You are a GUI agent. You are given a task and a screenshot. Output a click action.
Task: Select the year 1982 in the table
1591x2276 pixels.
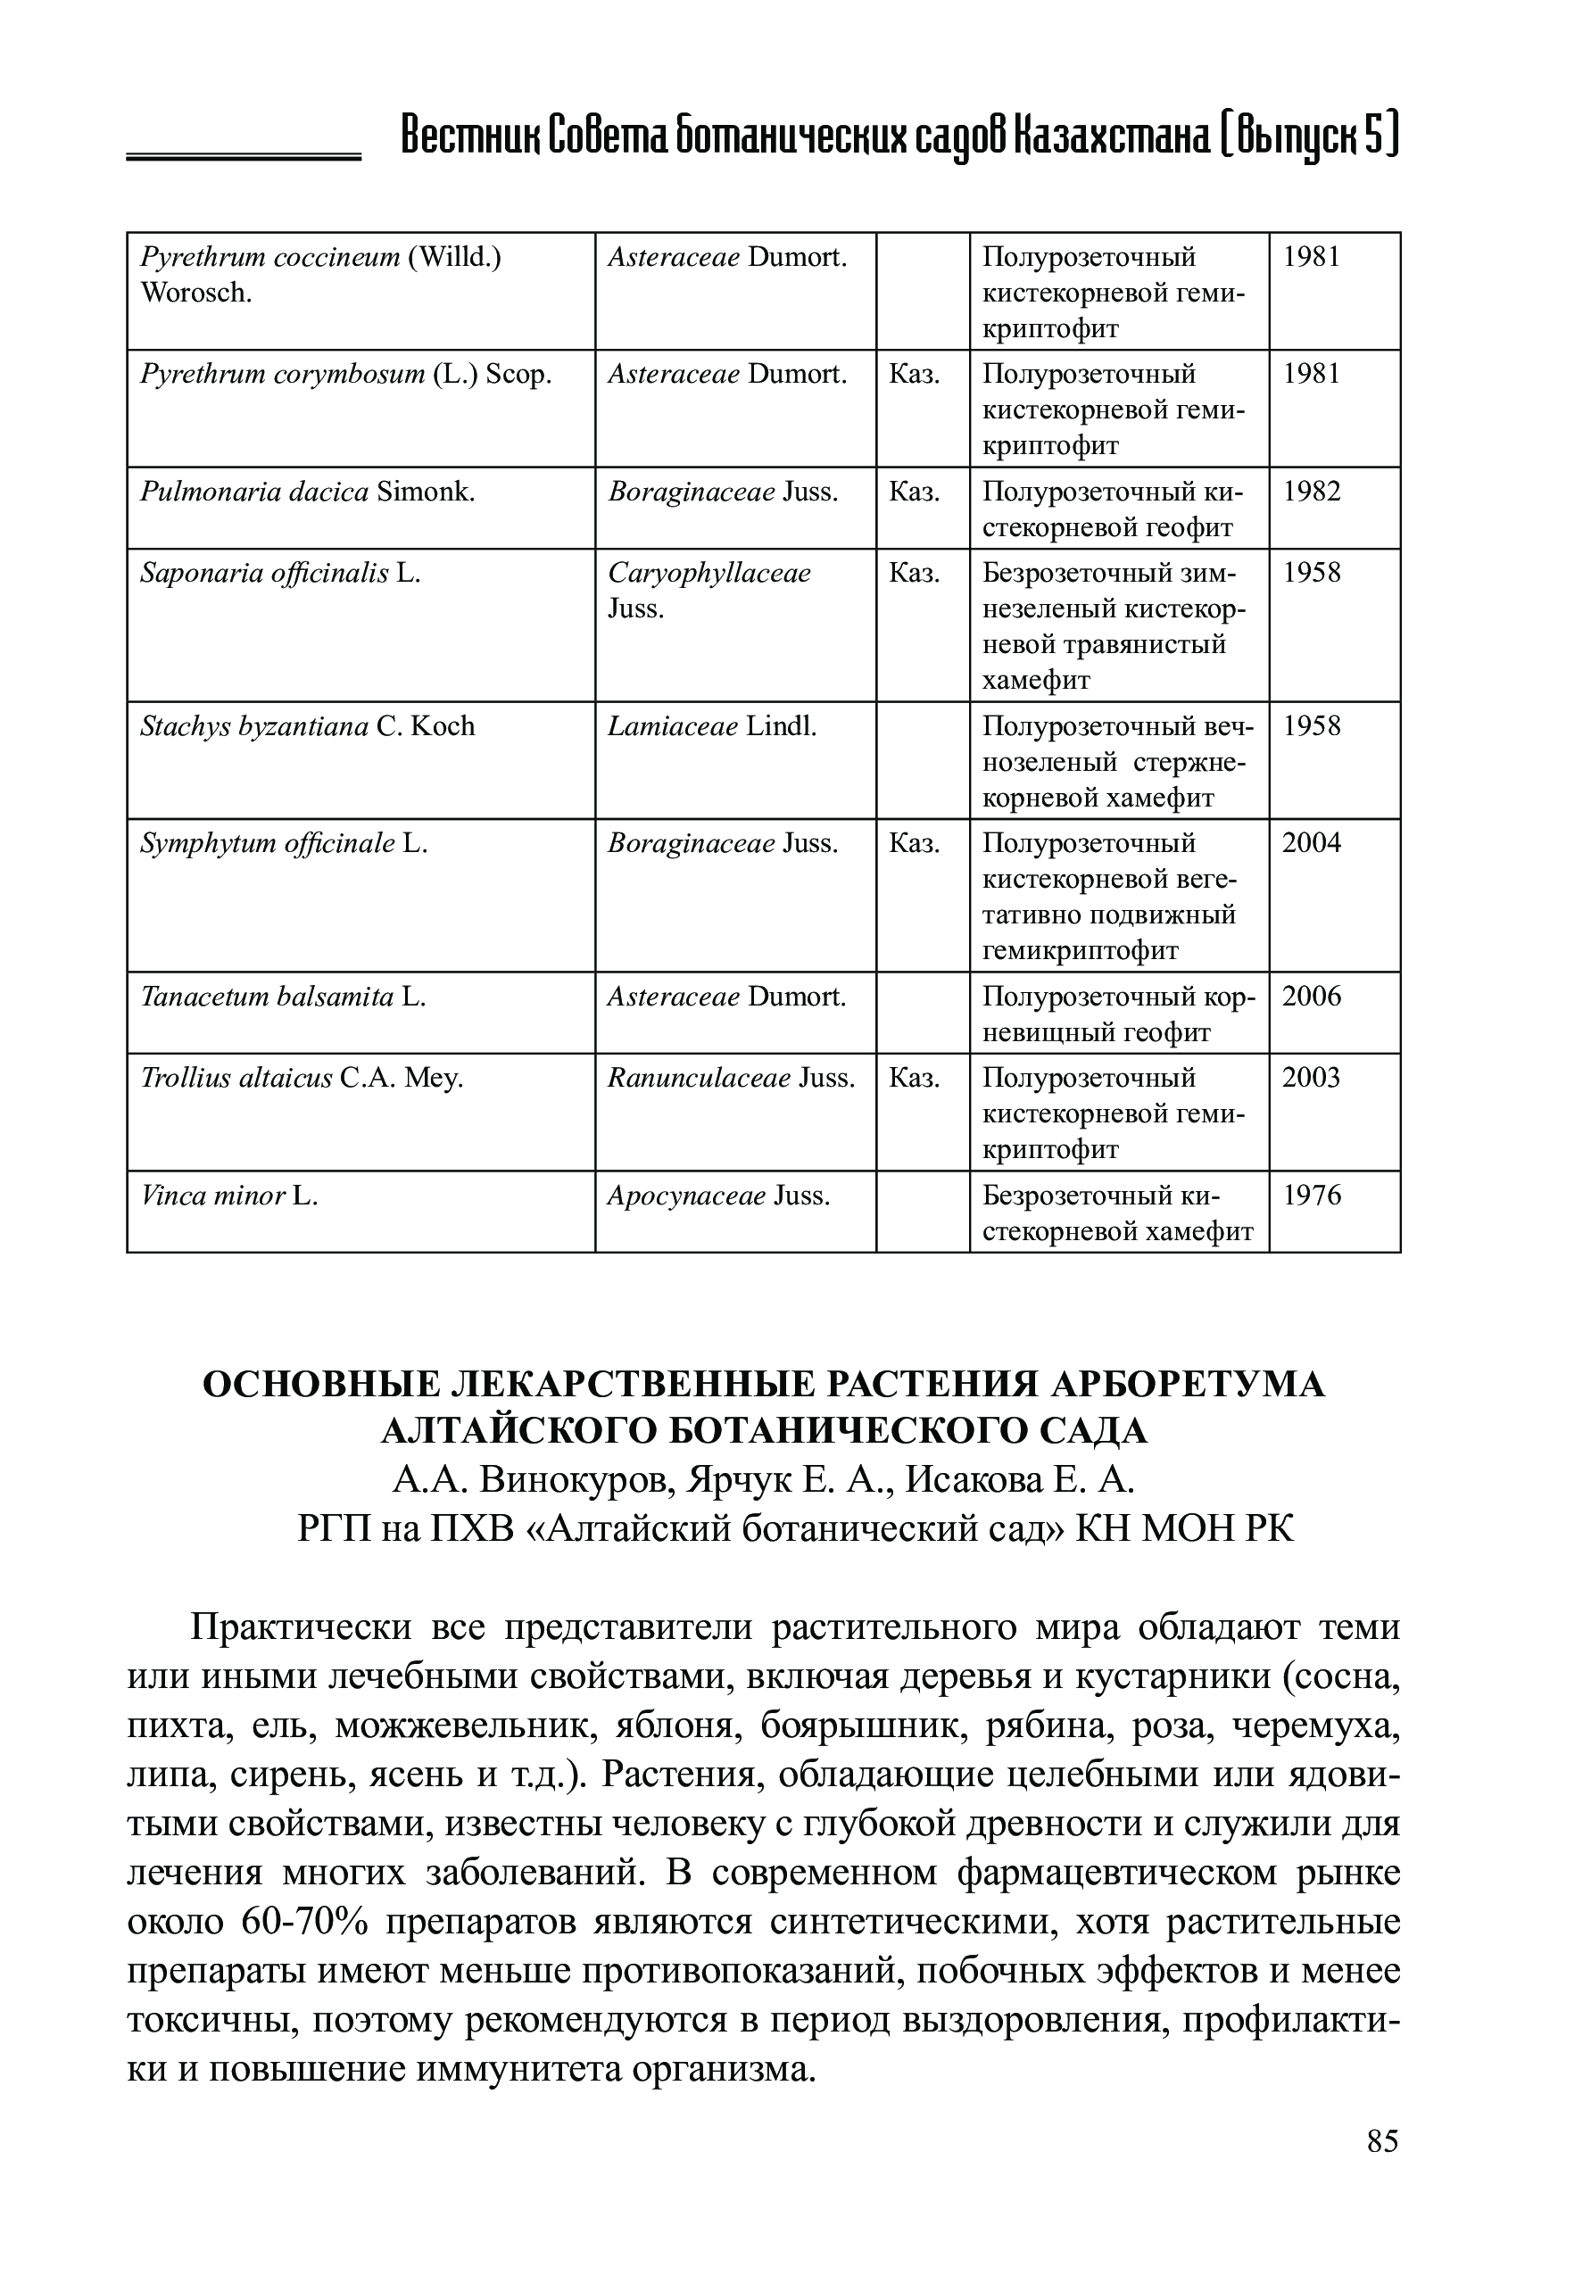[1312, 492]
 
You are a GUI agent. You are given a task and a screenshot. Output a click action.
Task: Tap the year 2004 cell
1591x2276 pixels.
[1312, 844]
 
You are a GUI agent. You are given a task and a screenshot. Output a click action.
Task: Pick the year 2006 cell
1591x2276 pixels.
[1312, 997]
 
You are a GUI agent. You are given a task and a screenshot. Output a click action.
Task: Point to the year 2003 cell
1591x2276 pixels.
[1312, 1078]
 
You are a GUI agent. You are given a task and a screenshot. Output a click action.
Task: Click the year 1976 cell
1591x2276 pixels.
[1312, 1196]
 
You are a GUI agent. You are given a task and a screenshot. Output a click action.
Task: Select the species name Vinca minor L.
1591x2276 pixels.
[229, 1196]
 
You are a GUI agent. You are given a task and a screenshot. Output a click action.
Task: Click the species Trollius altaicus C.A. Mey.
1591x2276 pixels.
[302, 1079]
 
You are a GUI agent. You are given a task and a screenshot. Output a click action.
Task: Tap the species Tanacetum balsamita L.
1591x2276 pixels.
[283, 997]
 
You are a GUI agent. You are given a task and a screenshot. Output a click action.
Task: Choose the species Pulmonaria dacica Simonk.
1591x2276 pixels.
[307, 492]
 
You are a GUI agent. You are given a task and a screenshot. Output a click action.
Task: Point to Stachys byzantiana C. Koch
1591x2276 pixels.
[307, 726]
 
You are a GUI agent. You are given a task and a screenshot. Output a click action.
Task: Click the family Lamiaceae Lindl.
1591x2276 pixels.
[712, 726]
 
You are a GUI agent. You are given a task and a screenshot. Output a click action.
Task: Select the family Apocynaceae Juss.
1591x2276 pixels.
[718, 1196]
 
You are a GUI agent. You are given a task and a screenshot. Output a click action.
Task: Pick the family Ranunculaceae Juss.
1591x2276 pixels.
[731, 1079]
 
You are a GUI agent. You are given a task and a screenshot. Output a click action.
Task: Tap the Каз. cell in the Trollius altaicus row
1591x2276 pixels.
[914, 1079]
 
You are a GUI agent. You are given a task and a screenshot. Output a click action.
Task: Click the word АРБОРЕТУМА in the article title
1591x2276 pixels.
[1186, 1384]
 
